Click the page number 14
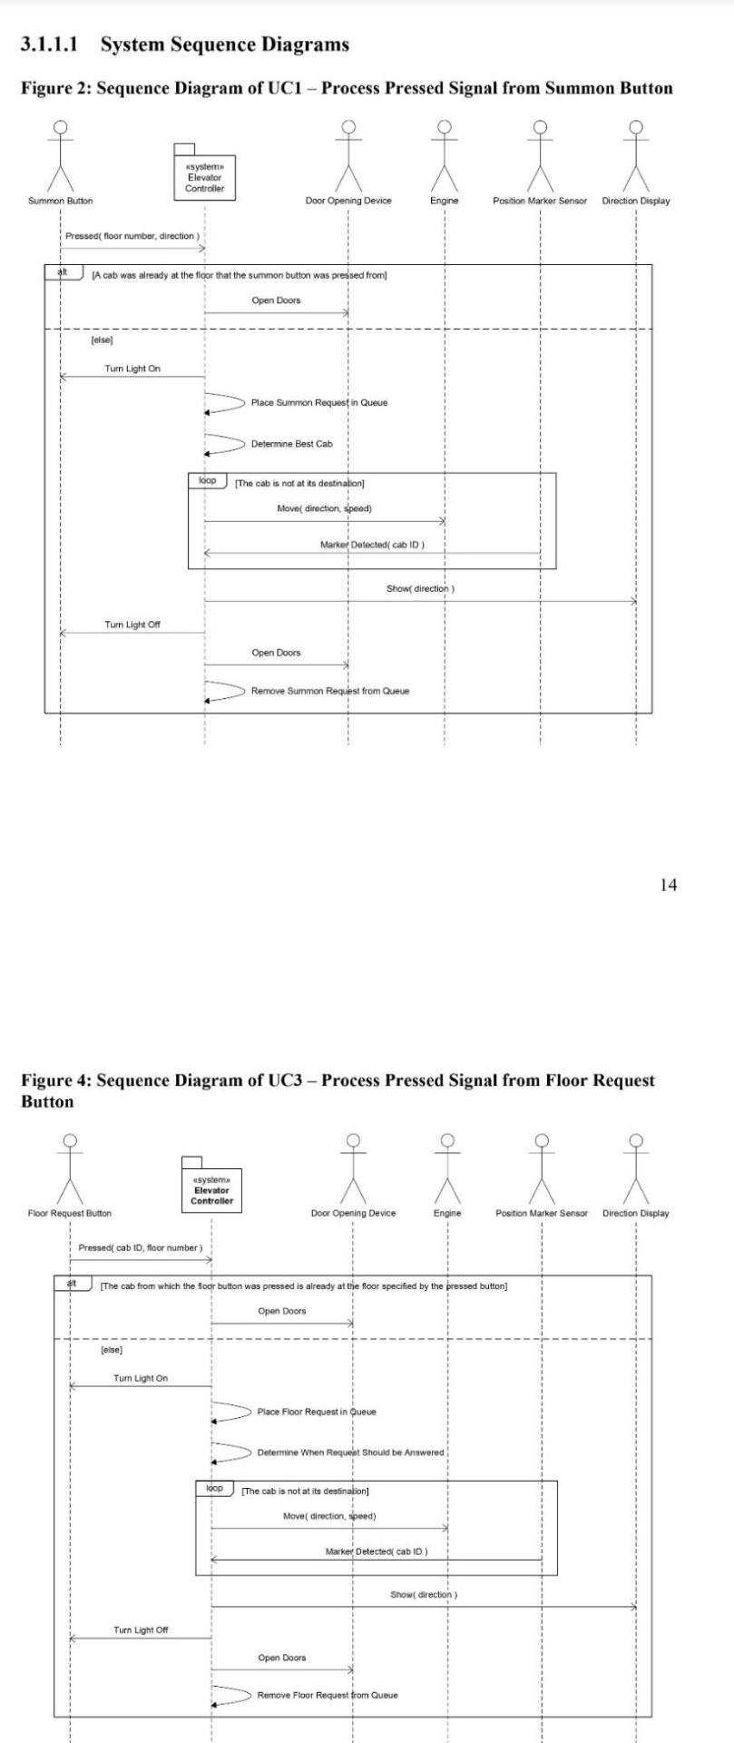coord(668,885)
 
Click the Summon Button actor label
coord(60,201)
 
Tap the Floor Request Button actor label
coord(70,1213)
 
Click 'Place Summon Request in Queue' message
coord(318,402)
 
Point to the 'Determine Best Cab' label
coord(291,444)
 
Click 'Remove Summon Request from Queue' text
coord(329,691)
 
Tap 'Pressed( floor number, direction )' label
coord(132,236)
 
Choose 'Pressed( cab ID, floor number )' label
coord(141,1247)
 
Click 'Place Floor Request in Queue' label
coord(316,1412)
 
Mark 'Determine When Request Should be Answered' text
coord(350,1452)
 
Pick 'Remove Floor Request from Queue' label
coord(327,1695)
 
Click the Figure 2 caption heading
coord(347,88)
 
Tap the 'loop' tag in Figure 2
coord(208,480)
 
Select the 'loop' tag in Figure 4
coord(214,1489)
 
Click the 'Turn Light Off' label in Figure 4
coord(141,1630)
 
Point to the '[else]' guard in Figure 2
coord(101,340)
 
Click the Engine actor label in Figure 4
coord(446,1213)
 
